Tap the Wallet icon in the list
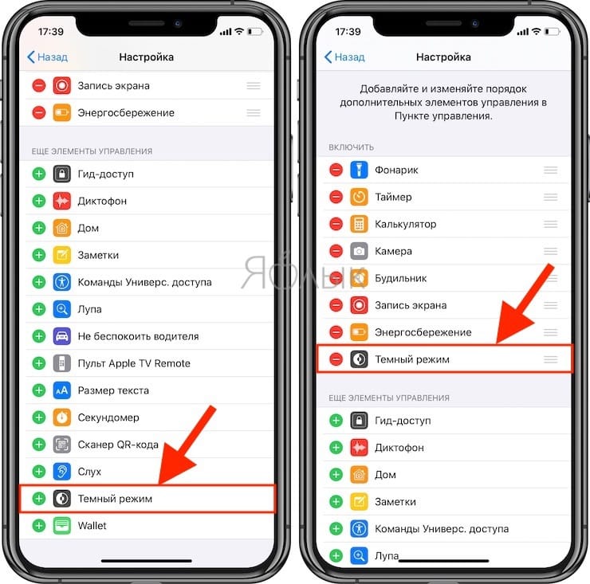pos(62,526)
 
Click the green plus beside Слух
pos(38,472)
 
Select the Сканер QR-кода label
pos(118,445)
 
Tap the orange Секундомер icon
pos(62,417)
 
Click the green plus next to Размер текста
pos(38,390)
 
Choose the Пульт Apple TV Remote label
pos(134,363)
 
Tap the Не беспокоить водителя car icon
pos(62,336)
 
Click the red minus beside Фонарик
pos(336,170)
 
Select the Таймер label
pos(393,198)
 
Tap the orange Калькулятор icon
pos(360,225)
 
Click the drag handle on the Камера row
pos(550,252)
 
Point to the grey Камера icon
pos(360,252)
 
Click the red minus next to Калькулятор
pos(336,225)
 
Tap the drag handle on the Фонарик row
pos(550,170)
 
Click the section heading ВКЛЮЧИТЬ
pos(352,147)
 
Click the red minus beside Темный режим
pos(336,359)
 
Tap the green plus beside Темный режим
pos(38,499)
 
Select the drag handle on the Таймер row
pos(550,198)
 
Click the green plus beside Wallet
pos(38,526)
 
